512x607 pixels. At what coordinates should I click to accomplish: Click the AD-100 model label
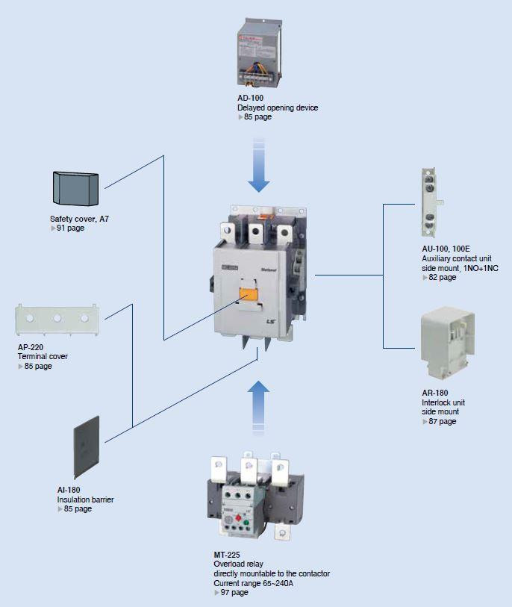(250, 98)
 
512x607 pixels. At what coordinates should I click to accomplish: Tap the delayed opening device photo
(259, 53)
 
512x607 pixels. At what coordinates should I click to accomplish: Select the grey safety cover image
(75, 188)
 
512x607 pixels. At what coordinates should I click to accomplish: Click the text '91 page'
(70, 228)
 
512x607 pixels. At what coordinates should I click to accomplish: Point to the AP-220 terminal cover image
(57, 320)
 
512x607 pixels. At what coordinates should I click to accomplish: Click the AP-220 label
(31, 347)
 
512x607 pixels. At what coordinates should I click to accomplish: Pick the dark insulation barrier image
(87, 447)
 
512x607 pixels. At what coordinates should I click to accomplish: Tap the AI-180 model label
(69, 490)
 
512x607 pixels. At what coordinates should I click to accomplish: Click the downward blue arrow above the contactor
(258, 165)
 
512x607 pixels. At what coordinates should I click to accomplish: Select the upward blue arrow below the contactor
(258, 406)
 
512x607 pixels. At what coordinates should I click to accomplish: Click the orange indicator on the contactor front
(249, 294)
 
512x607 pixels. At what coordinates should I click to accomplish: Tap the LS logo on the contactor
(270, 321)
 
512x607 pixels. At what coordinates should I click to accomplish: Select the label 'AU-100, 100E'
(446, 249)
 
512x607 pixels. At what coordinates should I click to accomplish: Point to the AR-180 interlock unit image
(448, 343)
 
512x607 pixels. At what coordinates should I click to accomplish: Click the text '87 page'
(443, 421)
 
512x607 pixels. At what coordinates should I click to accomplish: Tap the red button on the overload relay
(239, 518)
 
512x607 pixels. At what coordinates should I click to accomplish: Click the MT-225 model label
(227, 555)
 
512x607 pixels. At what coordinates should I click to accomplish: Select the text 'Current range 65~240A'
(254, 583)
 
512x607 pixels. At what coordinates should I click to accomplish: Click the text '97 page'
(234, 592)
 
